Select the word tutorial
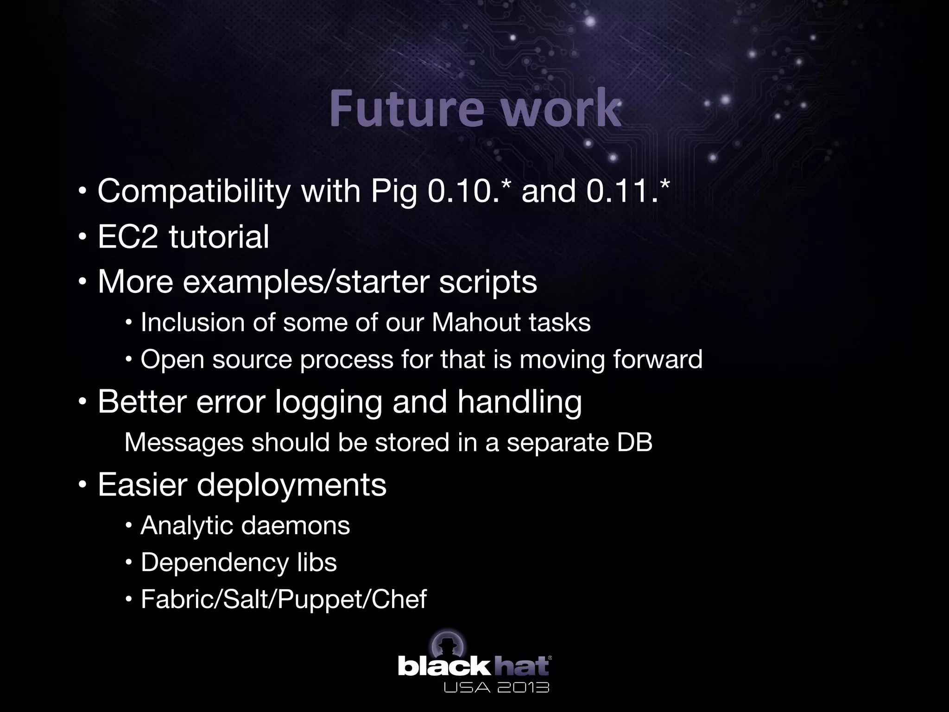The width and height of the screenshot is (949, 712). pyautogui.click(x=219, y=236)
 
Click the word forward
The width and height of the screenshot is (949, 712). pyautogui.click(x=658, y=359)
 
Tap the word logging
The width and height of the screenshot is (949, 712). pyautogui.click(x=329, y=402)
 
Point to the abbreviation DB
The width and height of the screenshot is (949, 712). pyautogui.click(x=634, y=442)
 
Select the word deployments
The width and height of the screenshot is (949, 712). pyautogui.click(x=291, y=485)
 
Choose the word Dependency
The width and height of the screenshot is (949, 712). pyautogui.click(x=208, y=563)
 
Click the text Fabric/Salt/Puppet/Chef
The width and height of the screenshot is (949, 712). pyautogui.click(x=283, y=599)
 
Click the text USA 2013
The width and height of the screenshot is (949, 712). pyautogui.click(x=496, y=687)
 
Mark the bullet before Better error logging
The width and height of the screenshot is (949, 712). pyautogui.click(x=82, y=402)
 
